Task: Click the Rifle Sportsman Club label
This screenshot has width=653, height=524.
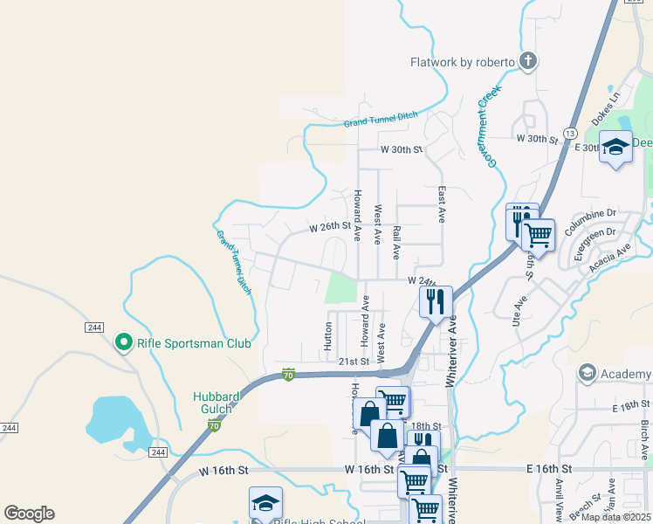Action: [x=194, y=343]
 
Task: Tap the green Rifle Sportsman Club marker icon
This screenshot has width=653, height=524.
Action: [x=124, y=342]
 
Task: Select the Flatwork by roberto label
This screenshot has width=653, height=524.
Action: [x=463, y=62]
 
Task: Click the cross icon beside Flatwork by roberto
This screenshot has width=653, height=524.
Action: [x=527, y=61]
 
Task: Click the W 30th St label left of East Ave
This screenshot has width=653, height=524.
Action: [x=401, y=150]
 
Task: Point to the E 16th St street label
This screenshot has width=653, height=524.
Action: [x=548, y=469]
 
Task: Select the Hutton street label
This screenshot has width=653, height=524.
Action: [x=328, y=335]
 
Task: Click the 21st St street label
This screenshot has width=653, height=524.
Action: [x=354, y=361]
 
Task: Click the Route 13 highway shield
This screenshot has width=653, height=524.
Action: [x=569, y=133]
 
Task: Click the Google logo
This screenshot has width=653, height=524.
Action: [x=29, y=514]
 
